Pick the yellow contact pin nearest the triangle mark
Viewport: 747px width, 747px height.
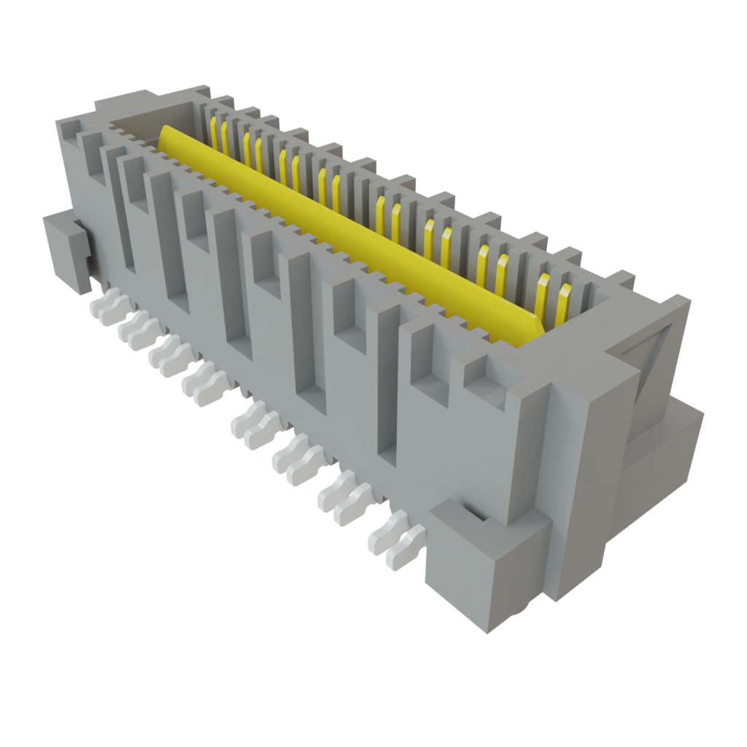point(563,306)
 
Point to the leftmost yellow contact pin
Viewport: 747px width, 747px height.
point(214,131)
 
